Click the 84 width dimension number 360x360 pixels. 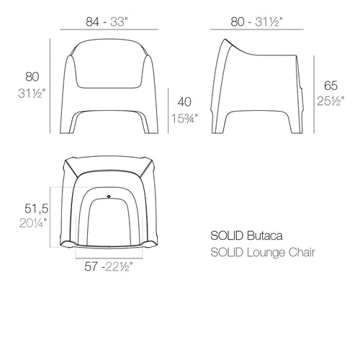(x=92, y=22)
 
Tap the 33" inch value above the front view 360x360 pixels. (x=118, y=22)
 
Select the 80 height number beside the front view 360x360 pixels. (x=32, y=77)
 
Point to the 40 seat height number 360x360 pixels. (x=184, y=102)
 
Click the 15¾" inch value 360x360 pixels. (x=185, y=118)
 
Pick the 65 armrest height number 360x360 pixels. (x=330, y=86)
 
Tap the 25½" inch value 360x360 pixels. (x=330, y=101)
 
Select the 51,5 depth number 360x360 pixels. (x=36, y=208)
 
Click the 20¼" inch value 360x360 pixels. (x=33, y=223)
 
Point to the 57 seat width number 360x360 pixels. (x=91, y=266)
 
